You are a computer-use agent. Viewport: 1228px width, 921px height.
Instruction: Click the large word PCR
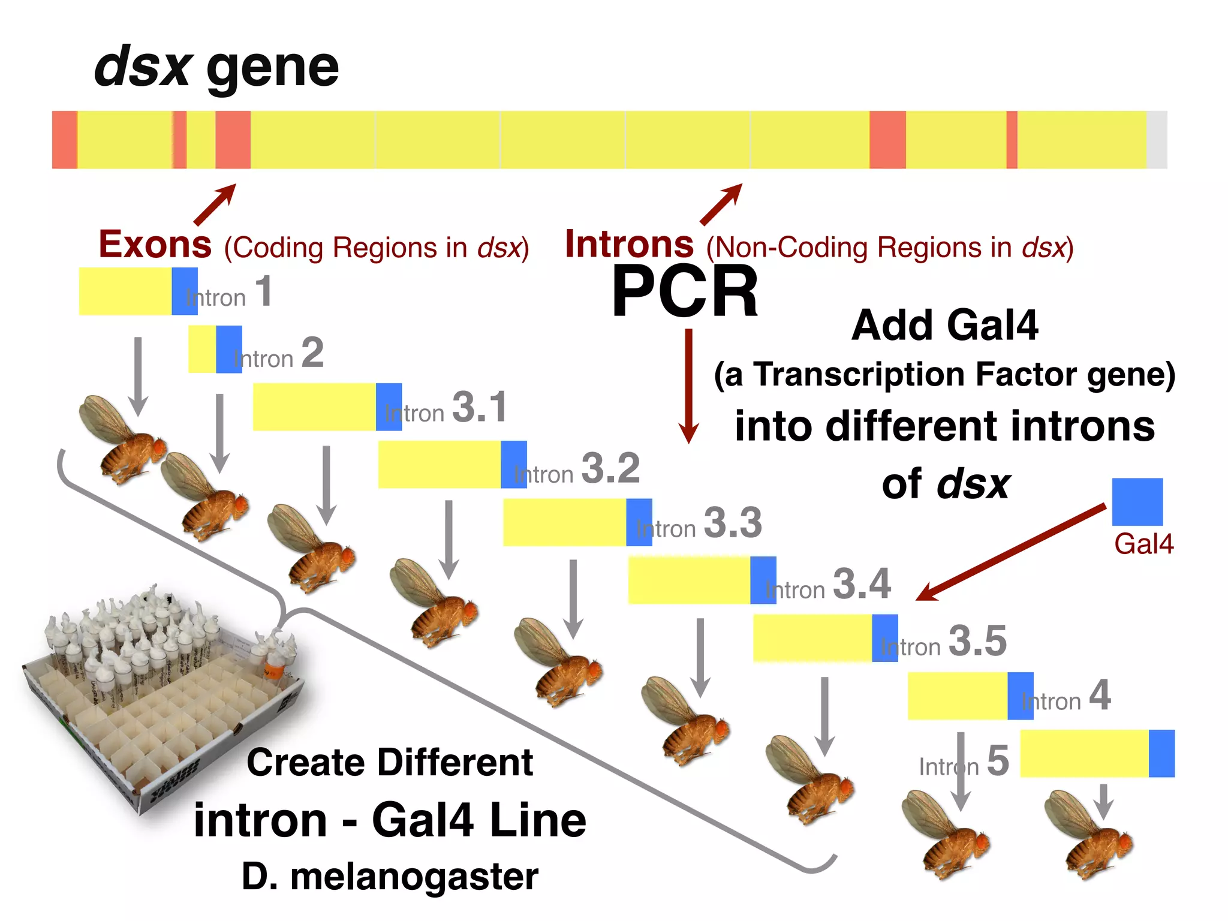coord(685,292)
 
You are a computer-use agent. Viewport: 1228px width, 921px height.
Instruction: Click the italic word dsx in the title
coord(143,67)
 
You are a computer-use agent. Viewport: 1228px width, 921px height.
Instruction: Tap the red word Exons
coord(155,245)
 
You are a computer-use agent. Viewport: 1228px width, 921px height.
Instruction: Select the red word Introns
coord(629,245)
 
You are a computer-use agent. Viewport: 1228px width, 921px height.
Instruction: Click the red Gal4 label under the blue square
coord(1143,544)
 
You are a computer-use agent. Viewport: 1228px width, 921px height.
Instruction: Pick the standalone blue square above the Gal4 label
coord(1137,502)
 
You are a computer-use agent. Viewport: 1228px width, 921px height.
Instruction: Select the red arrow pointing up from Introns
coord(721,204)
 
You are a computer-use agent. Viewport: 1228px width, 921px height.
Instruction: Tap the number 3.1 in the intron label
coord(480,407)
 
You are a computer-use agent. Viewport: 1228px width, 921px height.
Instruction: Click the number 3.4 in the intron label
coord(862,583)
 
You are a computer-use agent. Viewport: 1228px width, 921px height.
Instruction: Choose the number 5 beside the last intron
coord(998,760)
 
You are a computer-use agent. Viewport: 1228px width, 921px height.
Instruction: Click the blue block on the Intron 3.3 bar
coord(639,522)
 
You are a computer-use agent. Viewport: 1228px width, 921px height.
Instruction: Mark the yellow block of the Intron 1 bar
coord(125,291)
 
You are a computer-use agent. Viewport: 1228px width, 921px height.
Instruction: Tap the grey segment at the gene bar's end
coord(1157,140)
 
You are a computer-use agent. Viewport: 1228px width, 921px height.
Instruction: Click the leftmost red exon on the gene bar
coord(64,140)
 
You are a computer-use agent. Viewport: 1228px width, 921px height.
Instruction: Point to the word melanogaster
coord(414,877)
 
